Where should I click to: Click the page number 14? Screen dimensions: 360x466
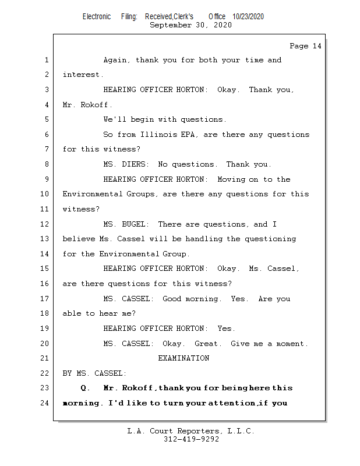[317, 46]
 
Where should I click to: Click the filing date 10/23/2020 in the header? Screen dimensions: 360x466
[248, 17]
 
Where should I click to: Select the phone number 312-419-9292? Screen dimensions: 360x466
[192, 439]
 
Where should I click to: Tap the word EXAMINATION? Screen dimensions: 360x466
[183, 358]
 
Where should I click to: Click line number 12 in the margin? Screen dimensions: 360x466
[45, 224]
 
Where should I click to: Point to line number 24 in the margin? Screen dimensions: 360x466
[45, 403]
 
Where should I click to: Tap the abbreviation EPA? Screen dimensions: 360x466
[188, 135]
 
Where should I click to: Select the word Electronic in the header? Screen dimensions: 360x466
[97, 17]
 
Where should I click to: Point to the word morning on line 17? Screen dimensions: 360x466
[202, 299]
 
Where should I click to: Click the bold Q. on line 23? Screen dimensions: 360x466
[84, 388]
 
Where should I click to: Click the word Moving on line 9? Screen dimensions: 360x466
[231, 179]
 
